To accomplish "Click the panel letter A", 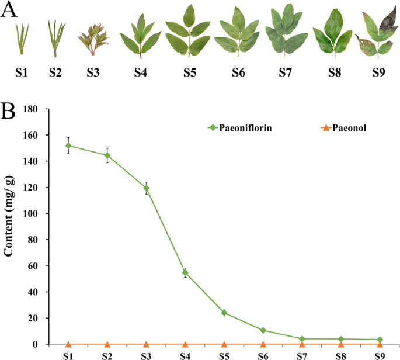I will pos(8,10).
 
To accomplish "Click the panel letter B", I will pos(8,111).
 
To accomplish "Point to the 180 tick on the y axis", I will pos(30,109).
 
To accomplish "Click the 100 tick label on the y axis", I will pos(30,213).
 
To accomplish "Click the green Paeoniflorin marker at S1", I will pos(68,146).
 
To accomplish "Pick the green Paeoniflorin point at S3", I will pos(146,188).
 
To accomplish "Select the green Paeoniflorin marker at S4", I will pos(185,272).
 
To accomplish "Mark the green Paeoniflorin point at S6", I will pos(263,330).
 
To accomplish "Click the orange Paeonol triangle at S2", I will pos(107,344).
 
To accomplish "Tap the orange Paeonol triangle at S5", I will pos(224,344).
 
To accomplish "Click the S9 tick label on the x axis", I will pos(380,355).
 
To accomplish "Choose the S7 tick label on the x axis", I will pos(302,355).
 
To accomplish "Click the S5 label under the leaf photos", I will pos(188,73).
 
